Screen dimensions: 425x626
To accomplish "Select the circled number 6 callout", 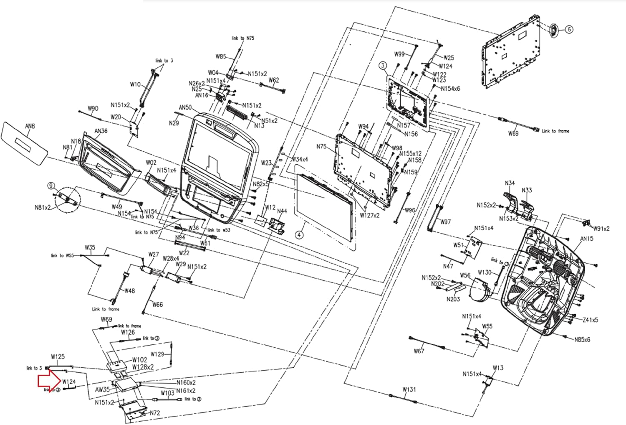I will (569, 29).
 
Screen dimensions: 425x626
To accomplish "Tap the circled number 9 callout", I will (51, 186).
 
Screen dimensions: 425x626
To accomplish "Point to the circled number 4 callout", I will (299, 235).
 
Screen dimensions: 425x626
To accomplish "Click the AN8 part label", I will (30, 126).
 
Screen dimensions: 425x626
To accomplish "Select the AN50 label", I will (185, 108).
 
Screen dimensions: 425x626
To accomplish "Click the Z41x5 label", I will (590, 320).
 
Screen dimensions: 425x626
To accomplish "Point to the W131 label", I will (409, 389).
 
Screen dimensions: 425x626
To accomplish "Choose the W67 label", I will (419, 351).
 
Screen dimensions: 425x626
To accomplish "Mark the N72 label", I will (155, 413).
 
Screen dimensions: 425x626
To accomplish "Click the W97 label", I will (445, 222).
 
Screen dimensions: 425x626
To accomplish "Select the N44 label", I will (282, 211).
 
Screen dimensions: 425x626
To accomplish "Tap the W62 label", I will (274, 80).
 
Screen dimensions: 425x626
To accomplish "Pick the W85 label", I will (221, 56).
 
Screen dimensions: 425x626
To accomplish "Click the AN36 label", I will (101, 131).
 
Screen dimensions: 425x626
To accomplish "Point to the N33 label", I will (527, 190).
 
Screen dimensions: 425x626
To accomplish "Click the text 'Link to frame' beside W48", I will (106, 309).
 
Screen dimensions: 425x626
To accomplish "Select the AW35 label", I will (102, 389).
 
